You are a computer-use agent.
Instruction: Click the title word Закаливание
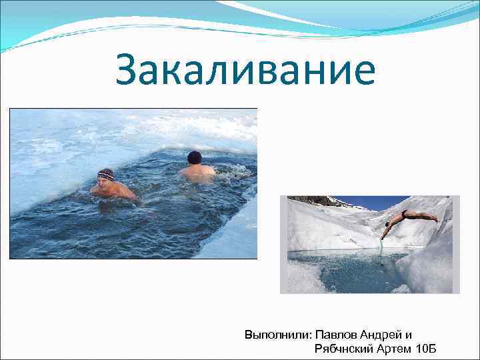click(x=245, y=72)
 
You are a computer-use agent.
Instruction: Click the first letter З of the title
click(x=127, y=72)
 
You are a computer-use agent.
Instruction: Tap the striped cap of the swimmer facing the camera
click(x=105, y=174)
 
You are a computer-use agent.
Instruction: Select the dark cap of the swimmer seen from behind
click(x=194, y=157)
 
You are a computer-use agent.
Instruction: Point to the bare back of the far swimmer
click(x=197, y=171)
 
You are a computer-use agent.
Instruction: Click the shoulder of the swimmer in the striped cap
click(x=121, y=189)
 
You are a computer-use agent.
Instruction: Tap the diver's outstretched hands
click(x=383, y=235)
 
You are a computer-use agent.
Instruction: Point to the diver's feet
click(x=434, y=219)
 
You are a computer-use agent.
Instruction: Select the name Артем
click(x=395, y=349)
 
